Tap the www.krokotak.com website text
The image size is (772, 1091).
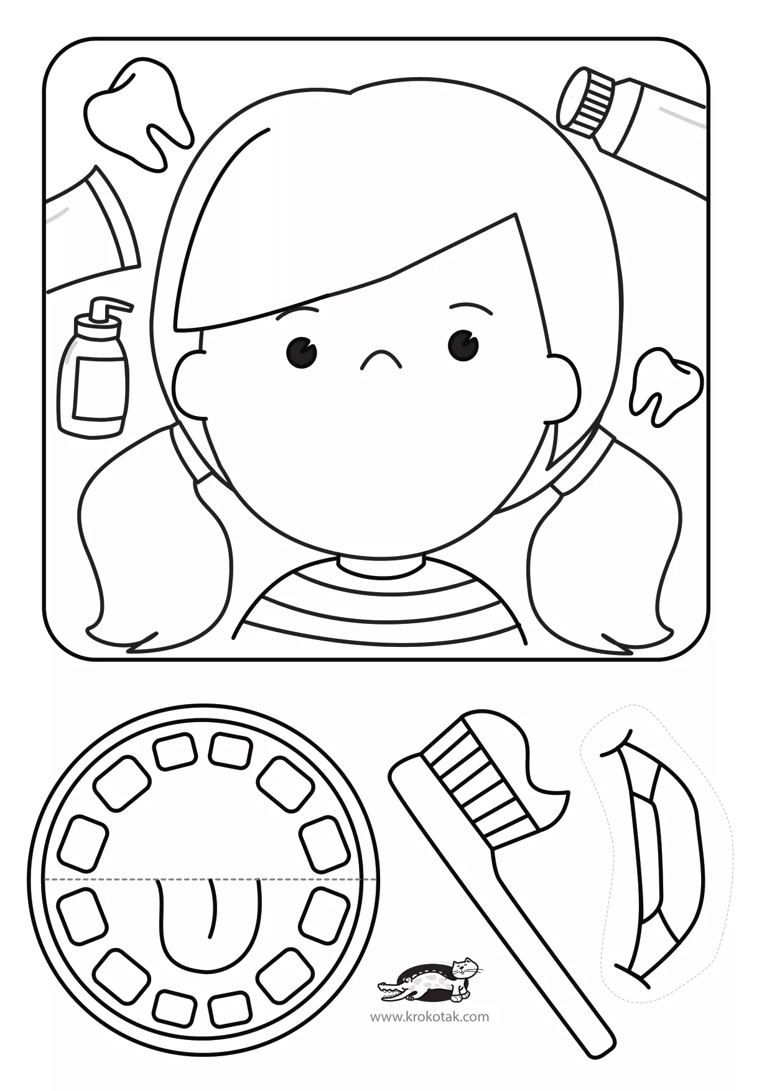point(430,1016)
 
